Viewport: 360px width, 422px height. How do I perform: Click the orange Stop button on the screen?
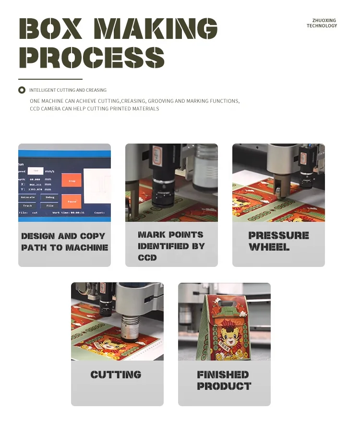click(72, 181)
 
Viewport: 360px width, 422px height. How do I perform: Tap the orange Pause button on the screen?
click(72, 202)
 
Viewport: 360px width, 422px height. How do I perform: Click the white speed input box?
click(35, 170)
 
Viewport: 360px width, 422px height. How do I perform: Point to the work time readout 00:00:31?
click(76, 212)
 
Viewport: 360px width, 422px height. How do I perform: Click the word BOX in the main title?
click(50, 30)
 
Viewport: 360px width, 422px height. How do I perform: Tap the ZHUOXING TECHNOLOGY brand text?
click(322, 23)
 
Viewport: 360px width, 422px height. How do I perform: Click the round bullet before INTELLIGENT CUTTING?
click(22, 90)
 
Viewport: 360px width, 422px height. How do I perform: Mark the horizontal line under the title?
click(50, 79)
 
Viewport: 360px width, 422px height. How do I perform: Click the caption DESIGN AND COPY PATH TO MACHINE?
click(64, 242)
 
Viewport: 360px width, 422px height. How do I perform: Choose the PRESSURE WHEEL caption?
click(278, 241)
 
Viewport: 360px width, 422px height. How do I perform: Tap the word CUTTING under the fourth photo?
click(116, 374)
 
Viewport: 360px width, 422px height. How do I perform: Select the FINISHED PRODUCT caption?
click(224, 380)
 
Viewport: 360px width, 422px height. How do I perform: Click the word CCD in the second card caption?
click(147, 258)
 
